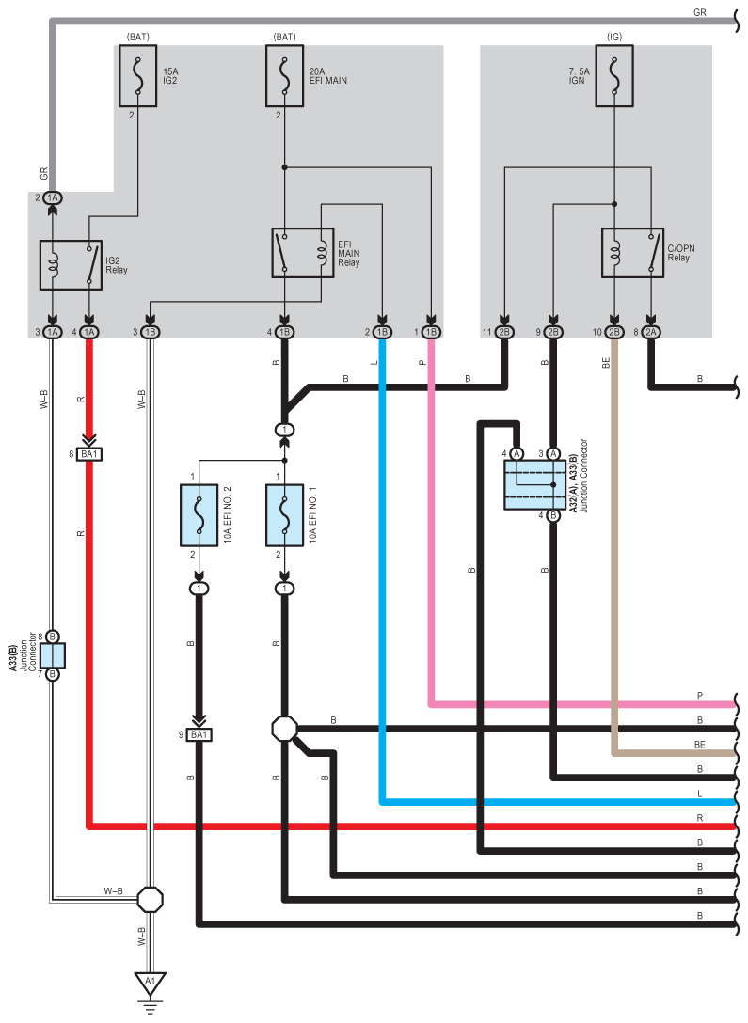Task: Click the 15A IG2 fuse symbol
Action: [x=137, y=75]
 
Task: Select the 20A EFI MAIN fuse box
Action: [x=284, y=75]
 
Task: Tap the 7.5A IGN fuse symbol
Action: [x=614, y=75]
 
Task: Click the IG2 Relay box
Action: [x=71, y=265]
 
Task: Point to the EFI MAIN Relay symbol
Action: [x=303, y=253]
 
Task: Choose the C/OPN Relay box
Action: [x=632, y=253]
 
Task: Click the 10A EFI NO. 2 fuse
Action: [x=199, y=515]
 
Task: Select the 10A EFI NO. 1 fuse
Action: [x=284, y=515]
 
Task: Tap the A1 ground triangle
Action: [x=151, y=982]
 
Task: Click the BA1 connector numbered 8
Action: [x=89, y=454]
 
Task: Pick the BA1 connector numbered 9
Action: [x=199, y=735]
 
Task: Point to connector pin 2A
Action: [x=651, y=332]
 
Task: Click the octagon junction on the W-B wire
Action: [x=151, y=900]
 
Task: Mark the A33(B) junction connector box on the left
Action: [x=52, y=655]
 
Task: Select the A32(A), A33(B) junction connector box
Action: [x=534, y=485]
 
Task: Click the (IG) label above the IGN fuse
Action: [x=614, y=37]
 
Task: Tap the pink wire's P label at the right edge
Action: [x=700, y=696]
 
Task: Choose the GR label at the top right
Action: [x=700, y=11]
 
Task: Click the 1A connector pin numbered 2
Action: [x=52, y=197]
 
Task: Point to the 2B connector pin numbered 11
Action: [x=504, y=332]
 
